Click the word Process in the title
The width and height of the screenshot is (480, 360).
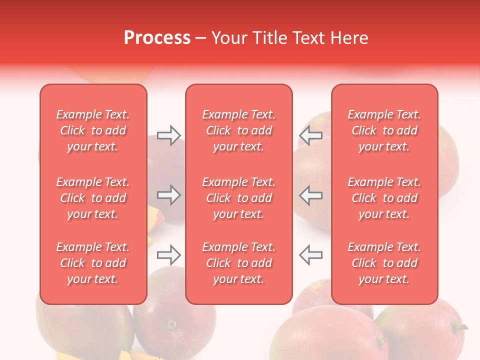157,38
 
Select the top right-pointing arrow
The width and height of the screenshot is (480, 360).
168,135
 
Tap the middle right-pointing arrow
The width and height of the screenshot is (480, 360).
168,195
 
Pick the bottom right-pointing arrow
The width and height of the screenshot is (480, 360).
168,255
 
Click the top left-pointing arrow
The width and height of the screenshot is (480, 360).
310,135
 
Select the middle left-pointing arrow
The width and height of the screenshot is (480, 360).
310,195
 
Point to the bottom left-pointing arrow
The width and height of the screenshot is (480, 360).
310,255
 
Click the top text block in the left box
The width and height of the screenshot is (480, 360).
93,130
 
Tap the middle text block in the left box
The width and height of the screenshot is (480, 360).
93,198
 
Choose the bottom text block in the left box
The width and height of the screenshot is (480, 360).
93,263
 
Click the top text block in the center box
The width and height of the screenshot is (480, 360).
239,130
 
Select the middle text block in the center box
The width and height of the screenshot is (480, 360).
239,198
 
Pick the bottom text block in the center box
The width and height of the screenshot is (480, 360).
239,263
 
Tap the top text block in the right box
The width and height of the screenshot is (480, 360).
384,130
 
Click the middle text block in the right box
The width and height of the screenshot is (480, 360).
384,198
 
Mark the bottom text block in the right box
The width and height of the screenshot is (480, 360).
384,263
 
